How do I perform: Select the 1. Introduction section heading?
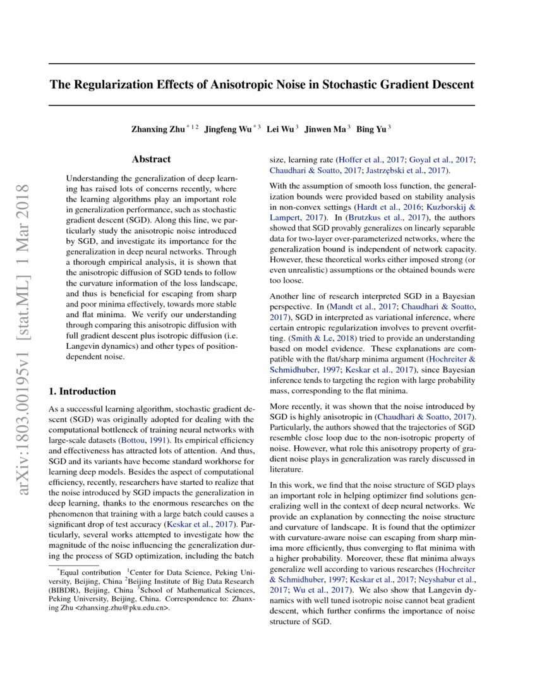[83, 391]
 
